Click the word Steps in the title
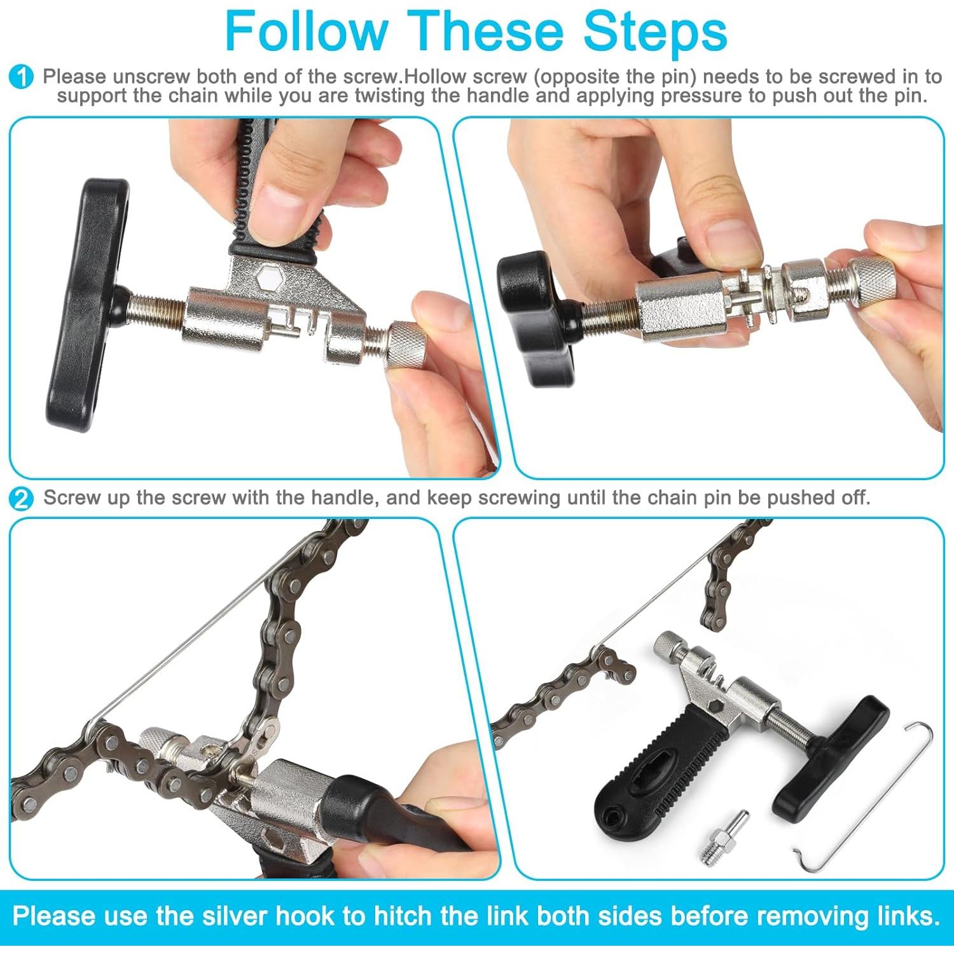click(x=655, y=32)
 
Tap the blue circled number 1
click(x=22, y=78)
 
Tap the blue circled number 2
click(x=22, y=499)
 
